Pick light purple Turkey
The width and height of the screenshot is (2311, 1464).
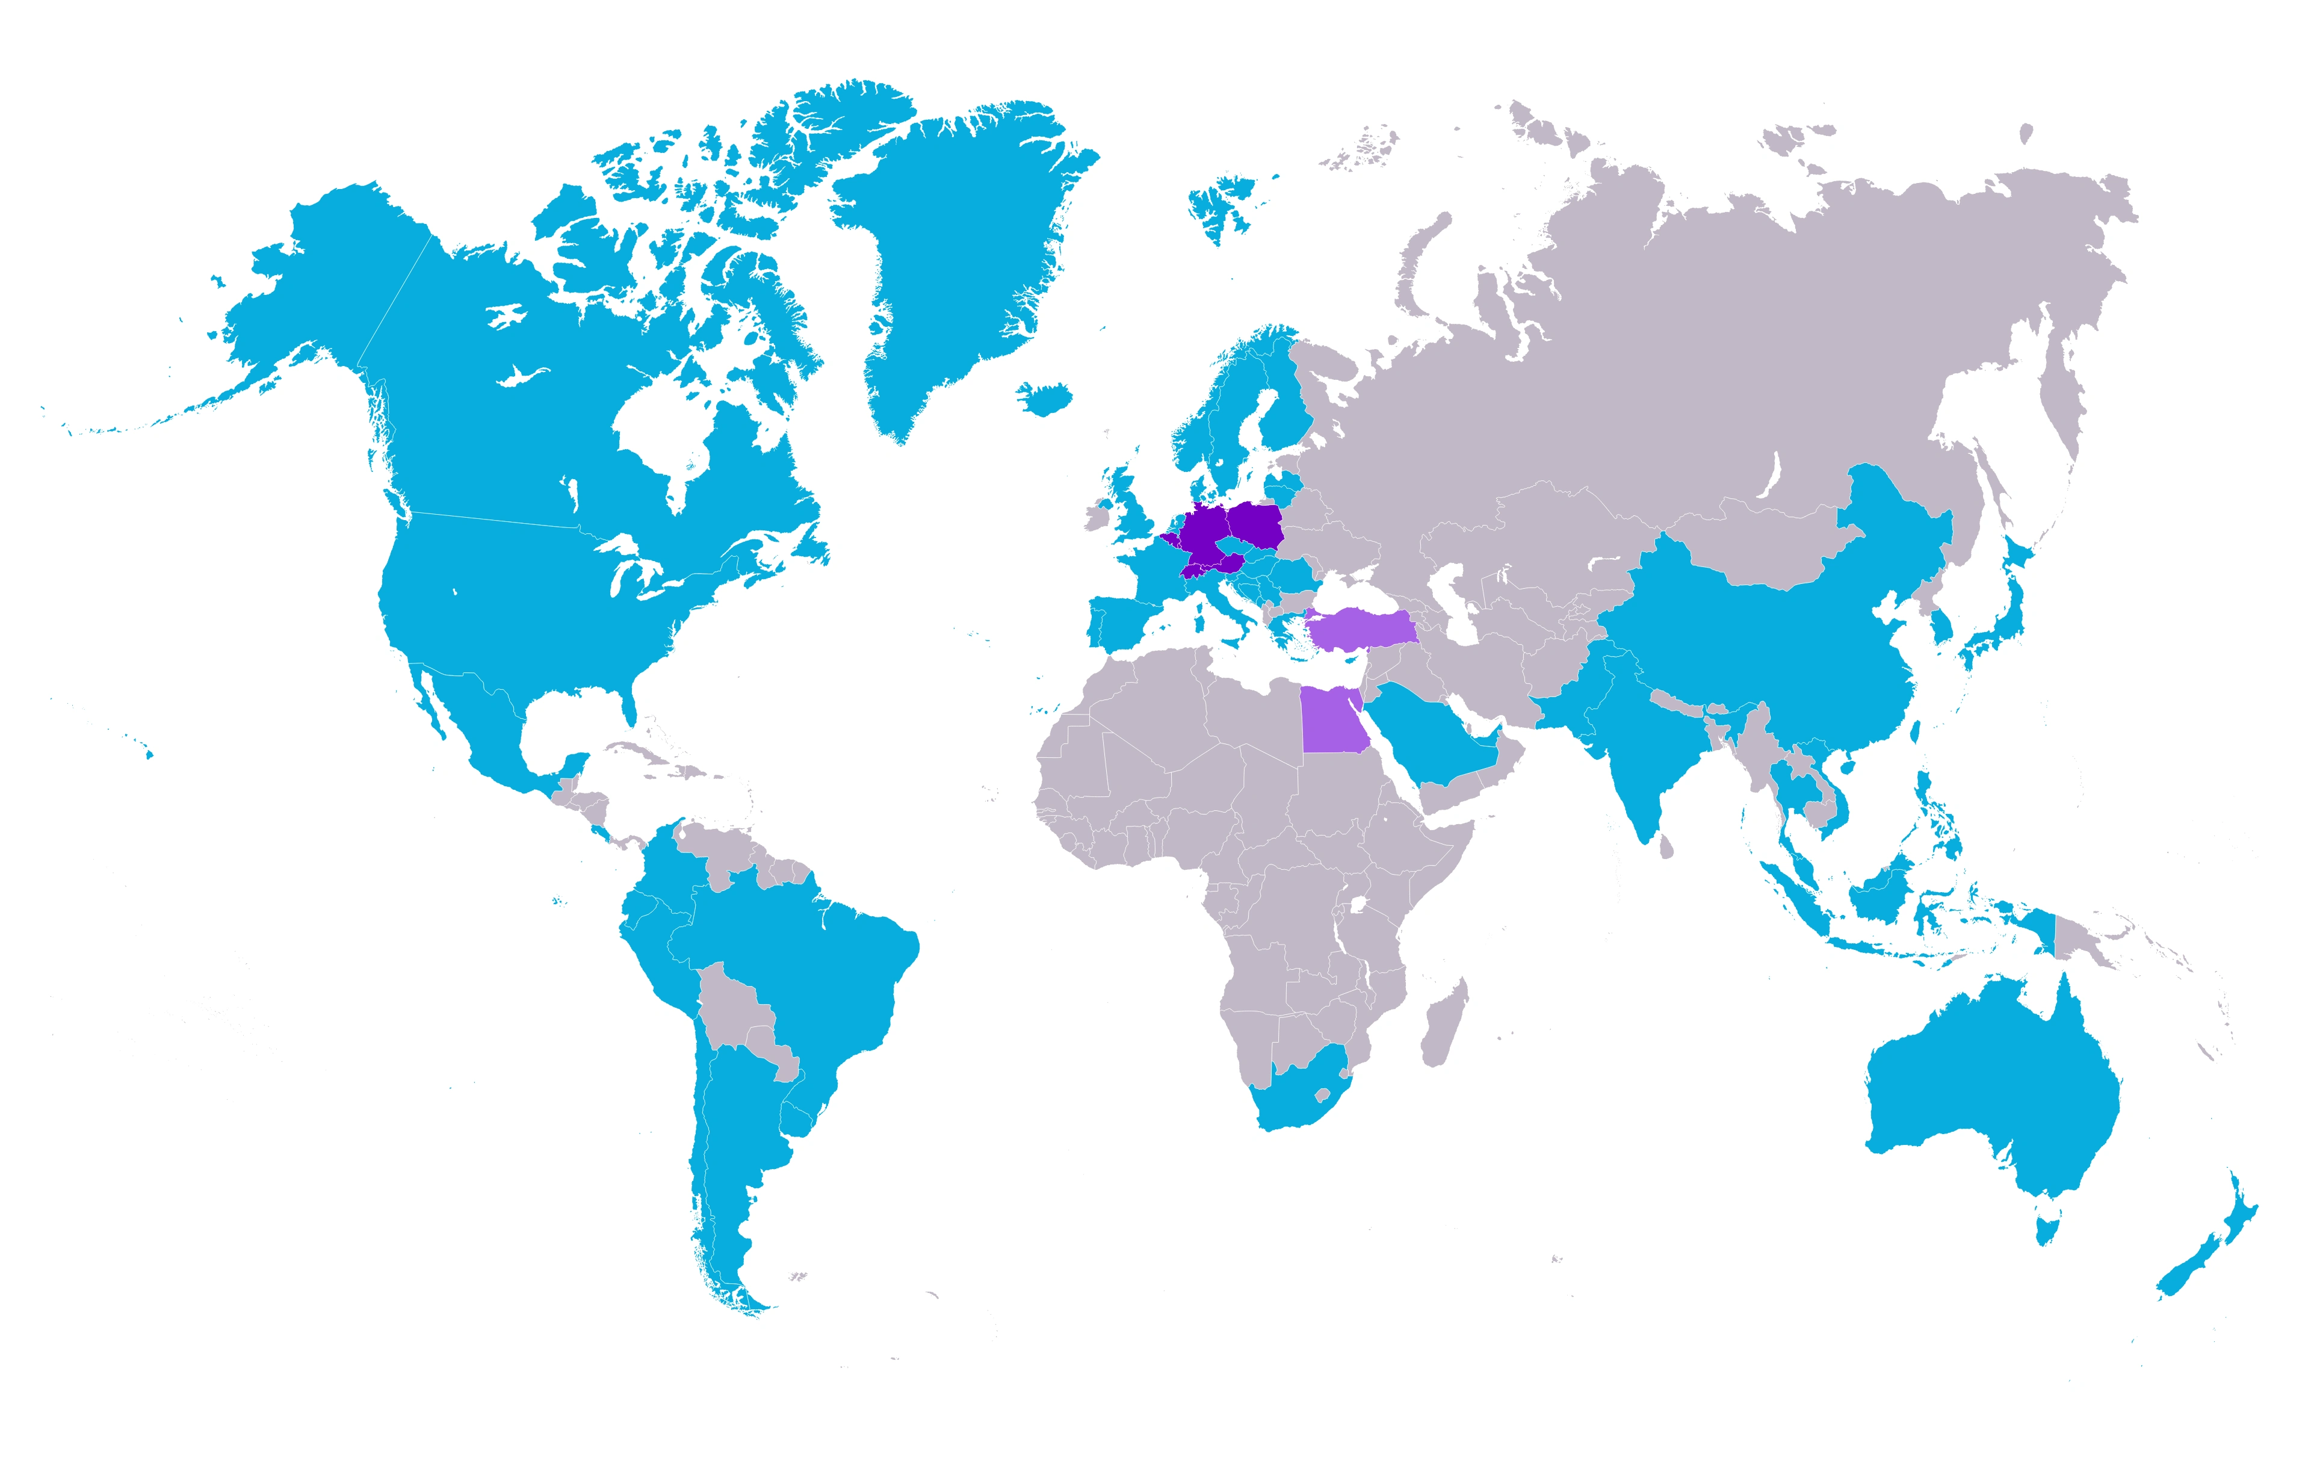[1363, 629]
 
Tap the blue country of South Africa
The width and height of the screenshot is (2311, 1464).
[1291, 1099]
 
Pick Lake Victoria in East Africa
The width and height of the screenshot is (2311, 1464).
[1357, 905]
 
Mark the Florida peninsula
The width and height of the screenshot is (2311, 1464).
[630, 706]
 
